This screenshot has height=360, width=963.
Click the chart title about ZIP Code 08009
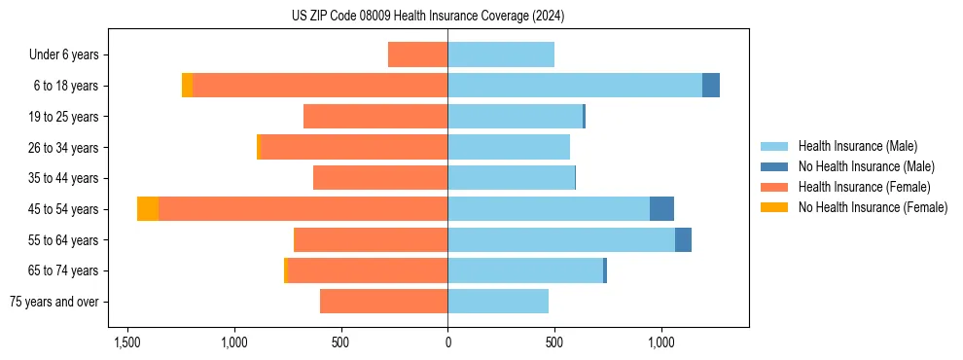[x=428, y=17]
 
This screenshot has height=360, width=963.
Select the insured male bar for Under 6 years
[x=501, y=54]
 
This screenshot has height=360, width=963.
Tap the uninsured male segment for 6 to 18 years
[x=711, y=86]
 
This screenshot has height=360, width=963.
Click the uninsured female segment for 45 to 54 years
[x=148, y=209]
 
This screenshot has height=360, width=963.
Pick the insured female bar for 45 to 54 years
[x=303, y=209]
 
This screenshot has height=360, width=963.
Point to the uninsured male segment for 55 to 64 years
[x=683, y=240]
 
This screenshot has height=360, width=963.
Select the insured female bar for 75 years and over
[x=383, y=302]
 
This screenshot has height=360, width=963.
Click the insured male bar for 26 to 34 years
[x=509, y=147]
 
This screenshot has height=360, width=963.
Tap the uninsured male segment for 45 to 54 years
[x=661, y=209]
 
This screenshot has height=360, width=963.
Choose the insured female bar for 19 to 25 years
[x=375, y=117]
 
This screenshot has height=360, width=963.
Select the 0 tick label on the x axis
[x=447, y=342]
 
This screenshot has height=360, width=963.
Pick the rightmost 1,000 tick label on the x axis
[x=661, y=342]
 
